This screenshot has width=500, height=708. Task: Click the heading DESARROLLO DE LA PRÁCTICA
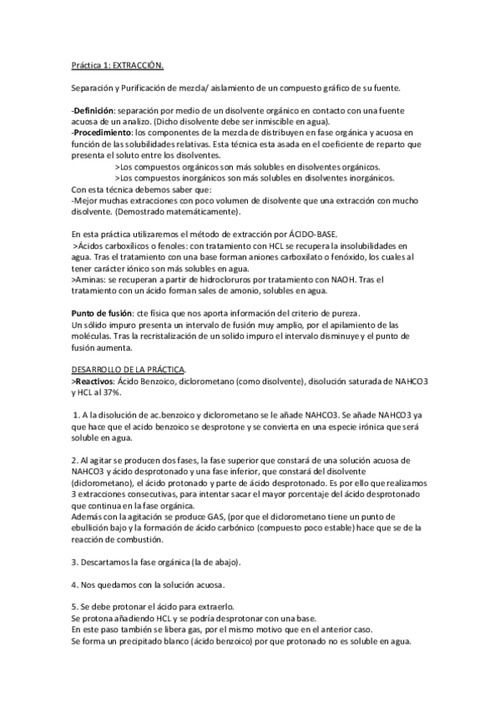(x=129, y=369)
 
